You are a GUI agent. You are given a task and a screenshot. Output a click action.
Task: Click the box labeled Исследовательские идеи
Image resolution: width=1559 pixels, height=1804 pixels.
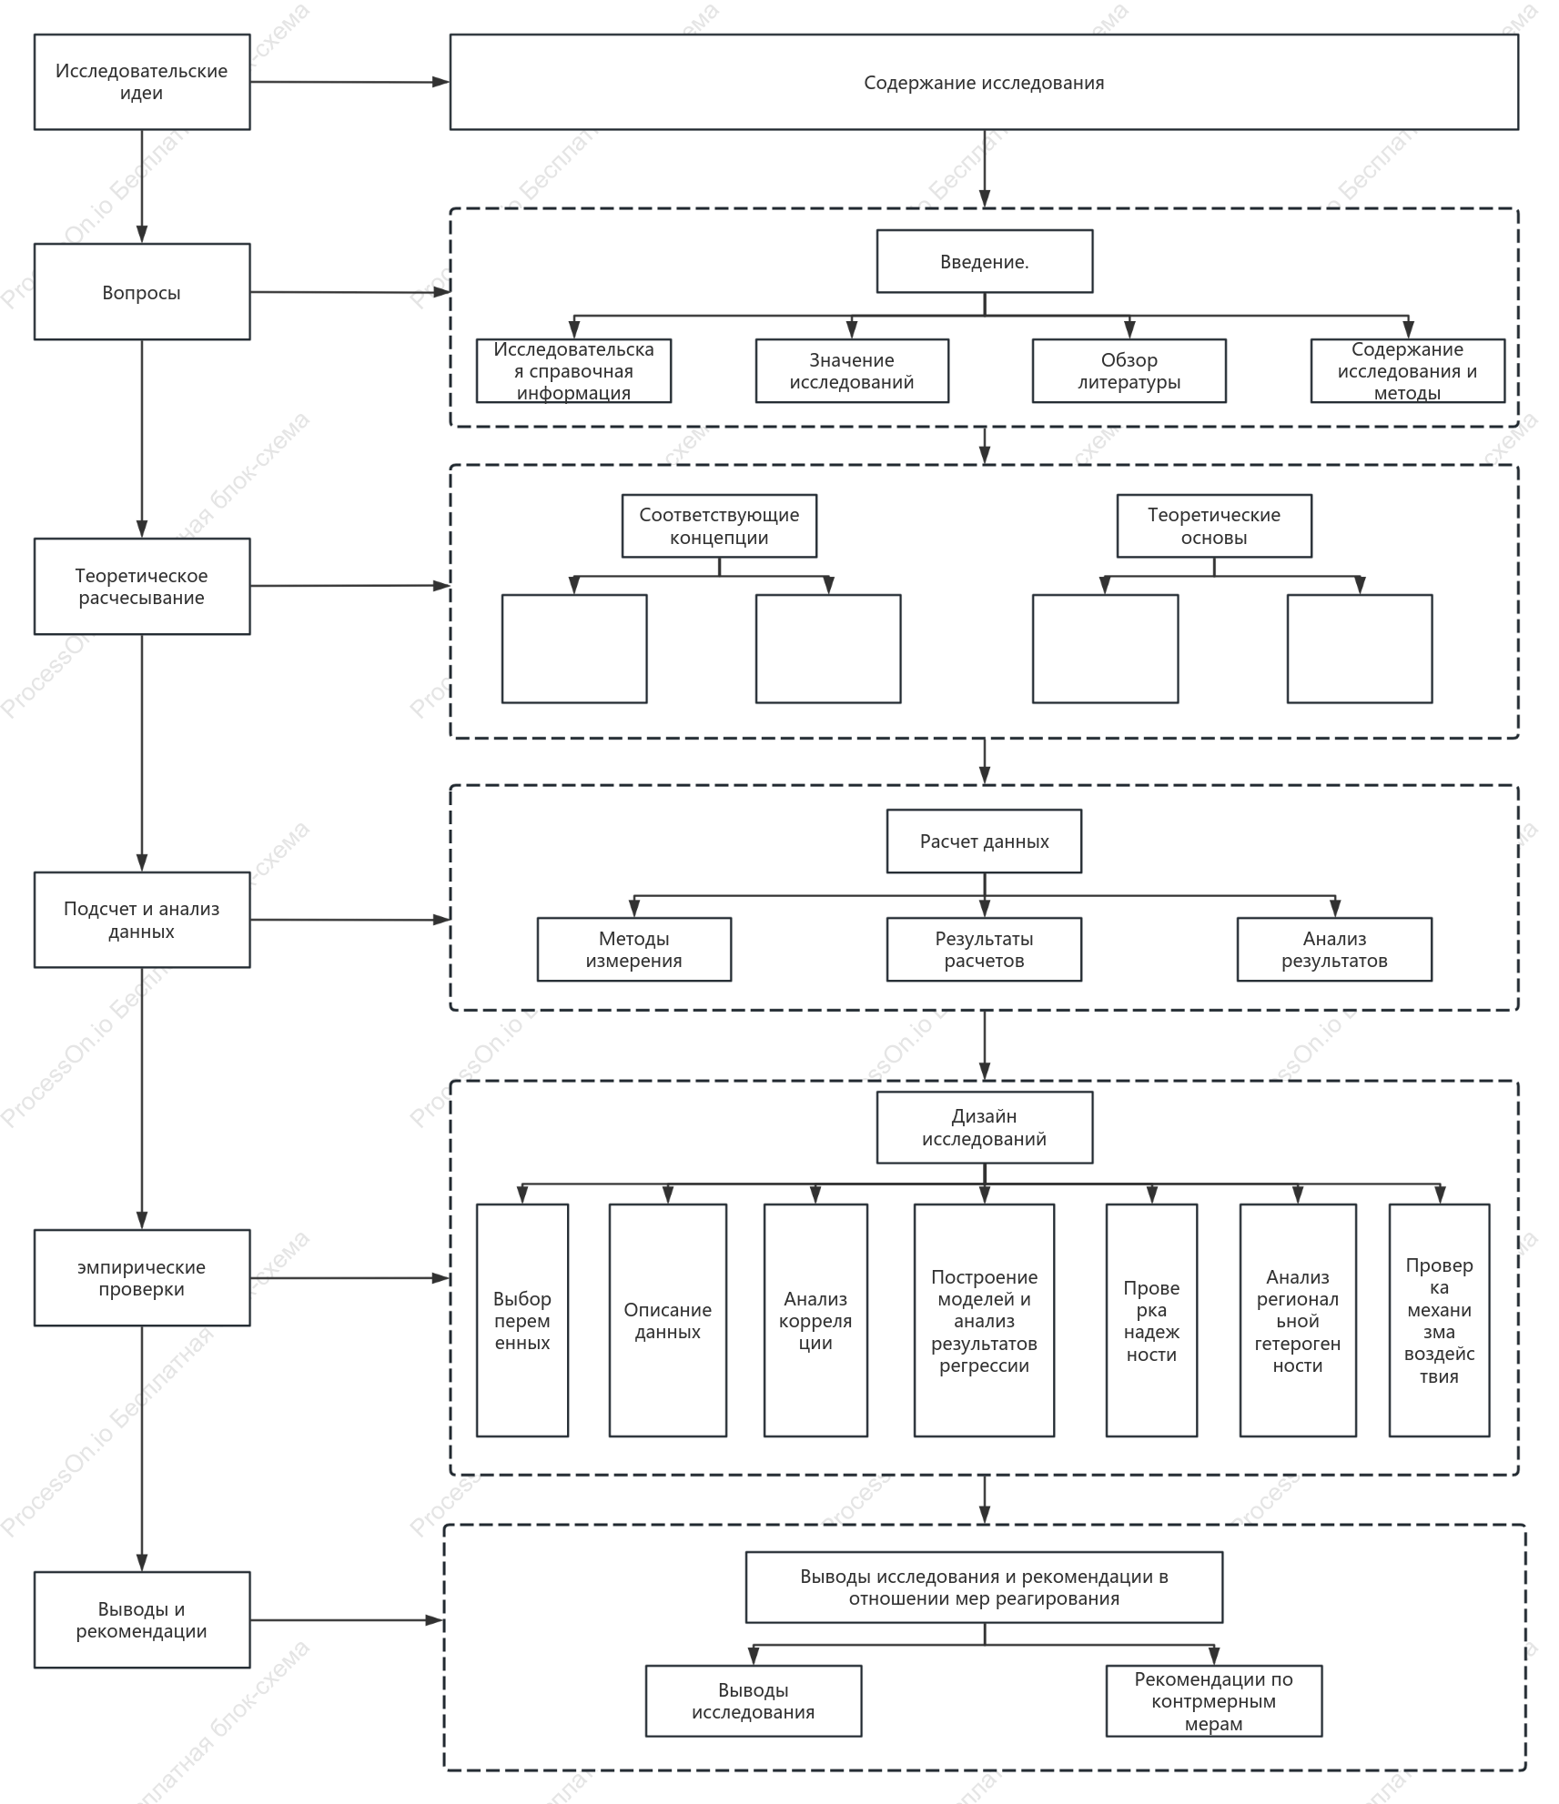142,82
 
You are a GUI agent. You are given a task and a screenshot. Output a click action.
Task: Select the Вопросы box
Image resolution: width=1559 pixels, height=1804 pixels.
142,292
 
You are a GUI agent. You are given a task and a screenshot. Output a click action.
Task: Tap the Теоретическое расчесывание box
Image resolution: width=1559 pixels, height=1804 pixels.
142,586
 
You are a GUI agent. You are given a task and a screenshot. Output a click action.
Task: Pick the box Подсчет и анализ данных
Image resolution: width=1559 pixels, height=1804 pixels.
142,920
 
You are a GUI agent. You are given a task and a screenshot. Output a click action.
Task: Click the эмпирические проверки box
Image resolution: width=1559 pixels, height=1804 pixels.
142,1277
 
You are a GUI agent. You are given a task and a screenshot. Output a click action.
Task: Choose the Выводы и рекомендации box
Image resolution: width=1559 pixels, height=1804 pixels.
142,1619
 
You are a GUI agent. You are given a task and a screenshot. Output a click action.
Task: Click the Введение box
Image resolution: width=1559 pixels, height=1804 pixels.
985,261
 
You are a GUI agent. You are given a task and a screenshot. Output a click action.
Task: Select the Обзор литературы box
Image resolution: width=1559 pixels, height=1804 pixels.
1129,371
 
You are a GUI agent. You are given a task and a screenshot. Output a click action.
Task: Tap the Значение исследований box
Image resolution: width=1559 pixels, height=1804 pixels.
852,371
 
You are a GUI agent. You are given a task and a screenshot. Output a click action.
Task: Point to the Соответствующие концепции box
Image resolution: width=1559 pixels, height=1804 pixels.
719,526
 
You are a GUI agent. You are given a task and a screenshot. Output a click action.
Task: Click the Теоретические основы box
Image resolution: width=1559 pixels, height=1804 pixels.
1214,526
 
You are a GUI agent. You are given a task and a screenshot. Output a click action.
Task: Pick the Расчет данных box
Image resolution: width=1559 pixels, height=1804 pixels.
985,842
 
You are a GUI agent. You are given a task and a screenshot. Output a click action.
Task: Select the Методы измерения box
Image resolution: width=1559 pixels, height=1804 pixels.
634,950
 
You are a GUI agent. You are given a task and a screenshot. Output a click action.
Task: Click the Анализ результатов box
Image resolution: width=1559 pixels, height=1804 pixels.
1334,950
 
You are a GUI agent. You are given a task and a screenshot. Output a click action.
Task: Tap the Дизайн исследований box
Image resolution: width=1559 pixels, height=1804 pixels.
985,1127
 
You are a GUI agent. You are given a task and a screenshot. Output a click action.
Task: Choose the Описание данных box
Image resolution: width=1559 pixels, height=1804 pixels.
668,1320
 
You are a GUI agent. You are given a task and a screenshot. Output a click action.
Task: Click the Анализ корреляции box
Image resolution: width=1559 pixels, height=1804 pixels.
815,1320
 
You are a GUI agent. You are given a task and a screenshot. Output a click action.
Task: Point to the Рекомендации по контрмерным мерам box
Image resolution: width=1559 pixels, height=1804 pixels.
1214,1701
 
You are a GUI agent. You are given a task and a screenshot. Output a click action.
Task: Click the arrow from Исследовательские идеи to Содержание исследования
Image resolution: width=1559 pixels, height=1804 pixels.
350,82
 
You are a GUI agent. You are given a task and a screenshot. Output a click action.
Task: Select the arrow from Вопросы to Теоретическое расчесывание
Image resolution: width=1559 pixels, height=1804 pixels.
142,438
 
